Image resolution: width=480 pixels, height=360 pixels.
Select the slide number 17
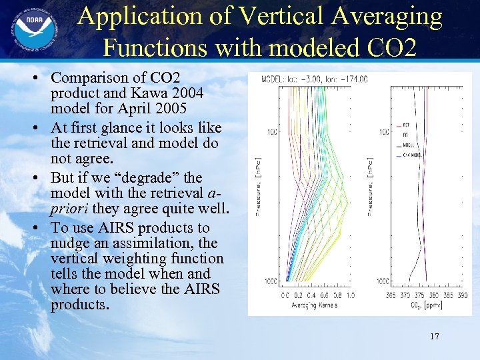434,337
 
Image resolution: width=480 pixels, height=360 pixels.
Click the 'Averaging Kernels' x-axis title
314,305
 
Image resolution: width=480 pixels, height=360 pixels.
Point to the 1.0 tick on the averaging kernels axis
351,295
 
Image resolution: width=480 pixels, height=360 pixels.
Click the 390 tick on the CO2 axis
462,295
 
